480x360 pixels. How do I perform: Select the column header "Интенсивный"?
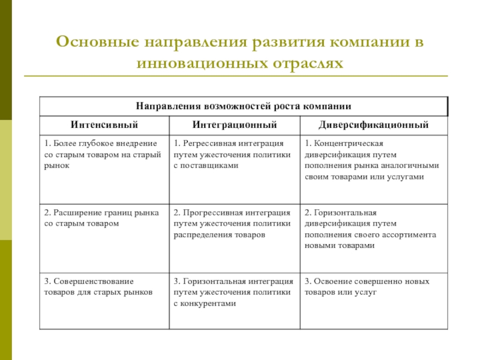[x=104, y=125]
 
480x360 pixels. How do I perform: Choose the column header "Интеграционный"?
[x=235, y=125]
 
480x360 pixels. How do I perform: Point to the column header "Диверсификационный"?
[x=374, y=125]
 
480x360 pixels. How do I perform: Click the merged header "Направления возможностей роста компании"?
[x=243, y=106]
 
